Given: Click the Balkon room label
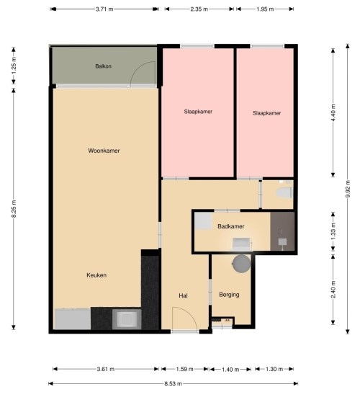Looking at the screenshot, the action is pyautogui.click(x=103, y=66).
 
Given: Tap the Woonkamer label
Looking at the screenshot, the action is pyautogui.click(x=104, y=151).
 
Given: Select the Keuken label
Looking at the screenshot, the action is pyautogui.click(x=96, y=275).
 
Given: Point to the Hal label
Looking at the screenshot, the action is pyautogui.click(x=183, y=295).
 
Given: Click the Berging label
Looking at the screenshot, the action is pyautogui.click(x=229, y=295).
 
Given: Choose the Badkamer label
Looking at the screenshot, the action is pyautogui.click(x=231, y=226).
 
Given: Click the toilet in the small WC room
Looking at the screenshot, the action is pyautogui.click(x=284, y=192).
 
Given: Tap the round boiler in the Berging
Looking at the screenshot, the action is pyautogui.click(x=241, y=264).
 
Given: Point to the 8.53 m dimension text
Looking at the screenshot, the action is pyautogui.click(x=173, y=383).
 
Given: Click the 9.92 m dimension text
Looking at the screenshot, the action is pyautogui.click(x=348, y=189).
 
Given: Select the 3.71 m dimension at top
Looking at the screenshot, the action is pyautogui.click(x=104, y=9).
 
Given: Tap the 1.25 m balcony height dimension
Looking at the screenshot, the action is pyautogui.click(x=14, y=66).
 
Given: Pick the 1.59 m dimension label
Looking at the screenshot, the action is pyautogui.click(x=185, y=369).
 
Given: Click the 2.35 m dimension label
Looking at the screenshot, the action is pyautogui.click(x=199, y=9).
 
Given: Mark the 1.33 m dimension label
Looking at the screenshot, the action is pyautogui.click(x=333, y=231).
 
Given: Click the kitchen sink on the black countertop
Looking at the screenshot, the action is pyautogui.click(x=127, y=318).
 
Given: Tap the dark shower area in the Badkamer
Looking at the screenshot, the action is pyautogui.click(x=282, y=231).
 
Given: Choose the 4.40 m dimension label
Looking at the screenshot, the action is pyautogui.click(x=333, y=112).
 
